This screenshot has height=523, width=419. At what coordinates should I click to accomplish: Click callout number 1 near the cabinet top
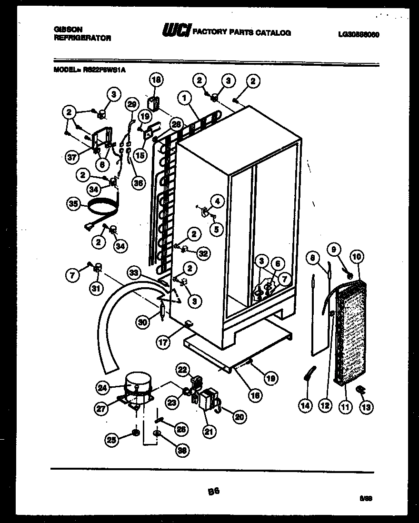pyautogui.click(x=183, y=99)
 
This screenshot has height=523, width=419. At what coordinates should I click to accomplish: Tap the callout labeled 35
pyautogui.click(x=73, y=205)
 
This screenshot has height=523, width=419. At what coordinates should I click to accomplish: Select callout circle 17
pyautogui.click(x=163, y=342)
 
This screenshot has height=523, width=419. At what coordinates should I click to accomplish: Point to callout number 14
pyautogui.click(x=305, y=405)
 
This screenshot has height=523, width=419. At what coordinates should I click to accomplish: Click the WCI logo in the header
pyautogui.click(x=177, y=31)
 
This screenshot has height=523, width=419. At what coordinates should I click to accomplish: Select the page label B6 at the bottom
pyautogui.click(x=213, y=491)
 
